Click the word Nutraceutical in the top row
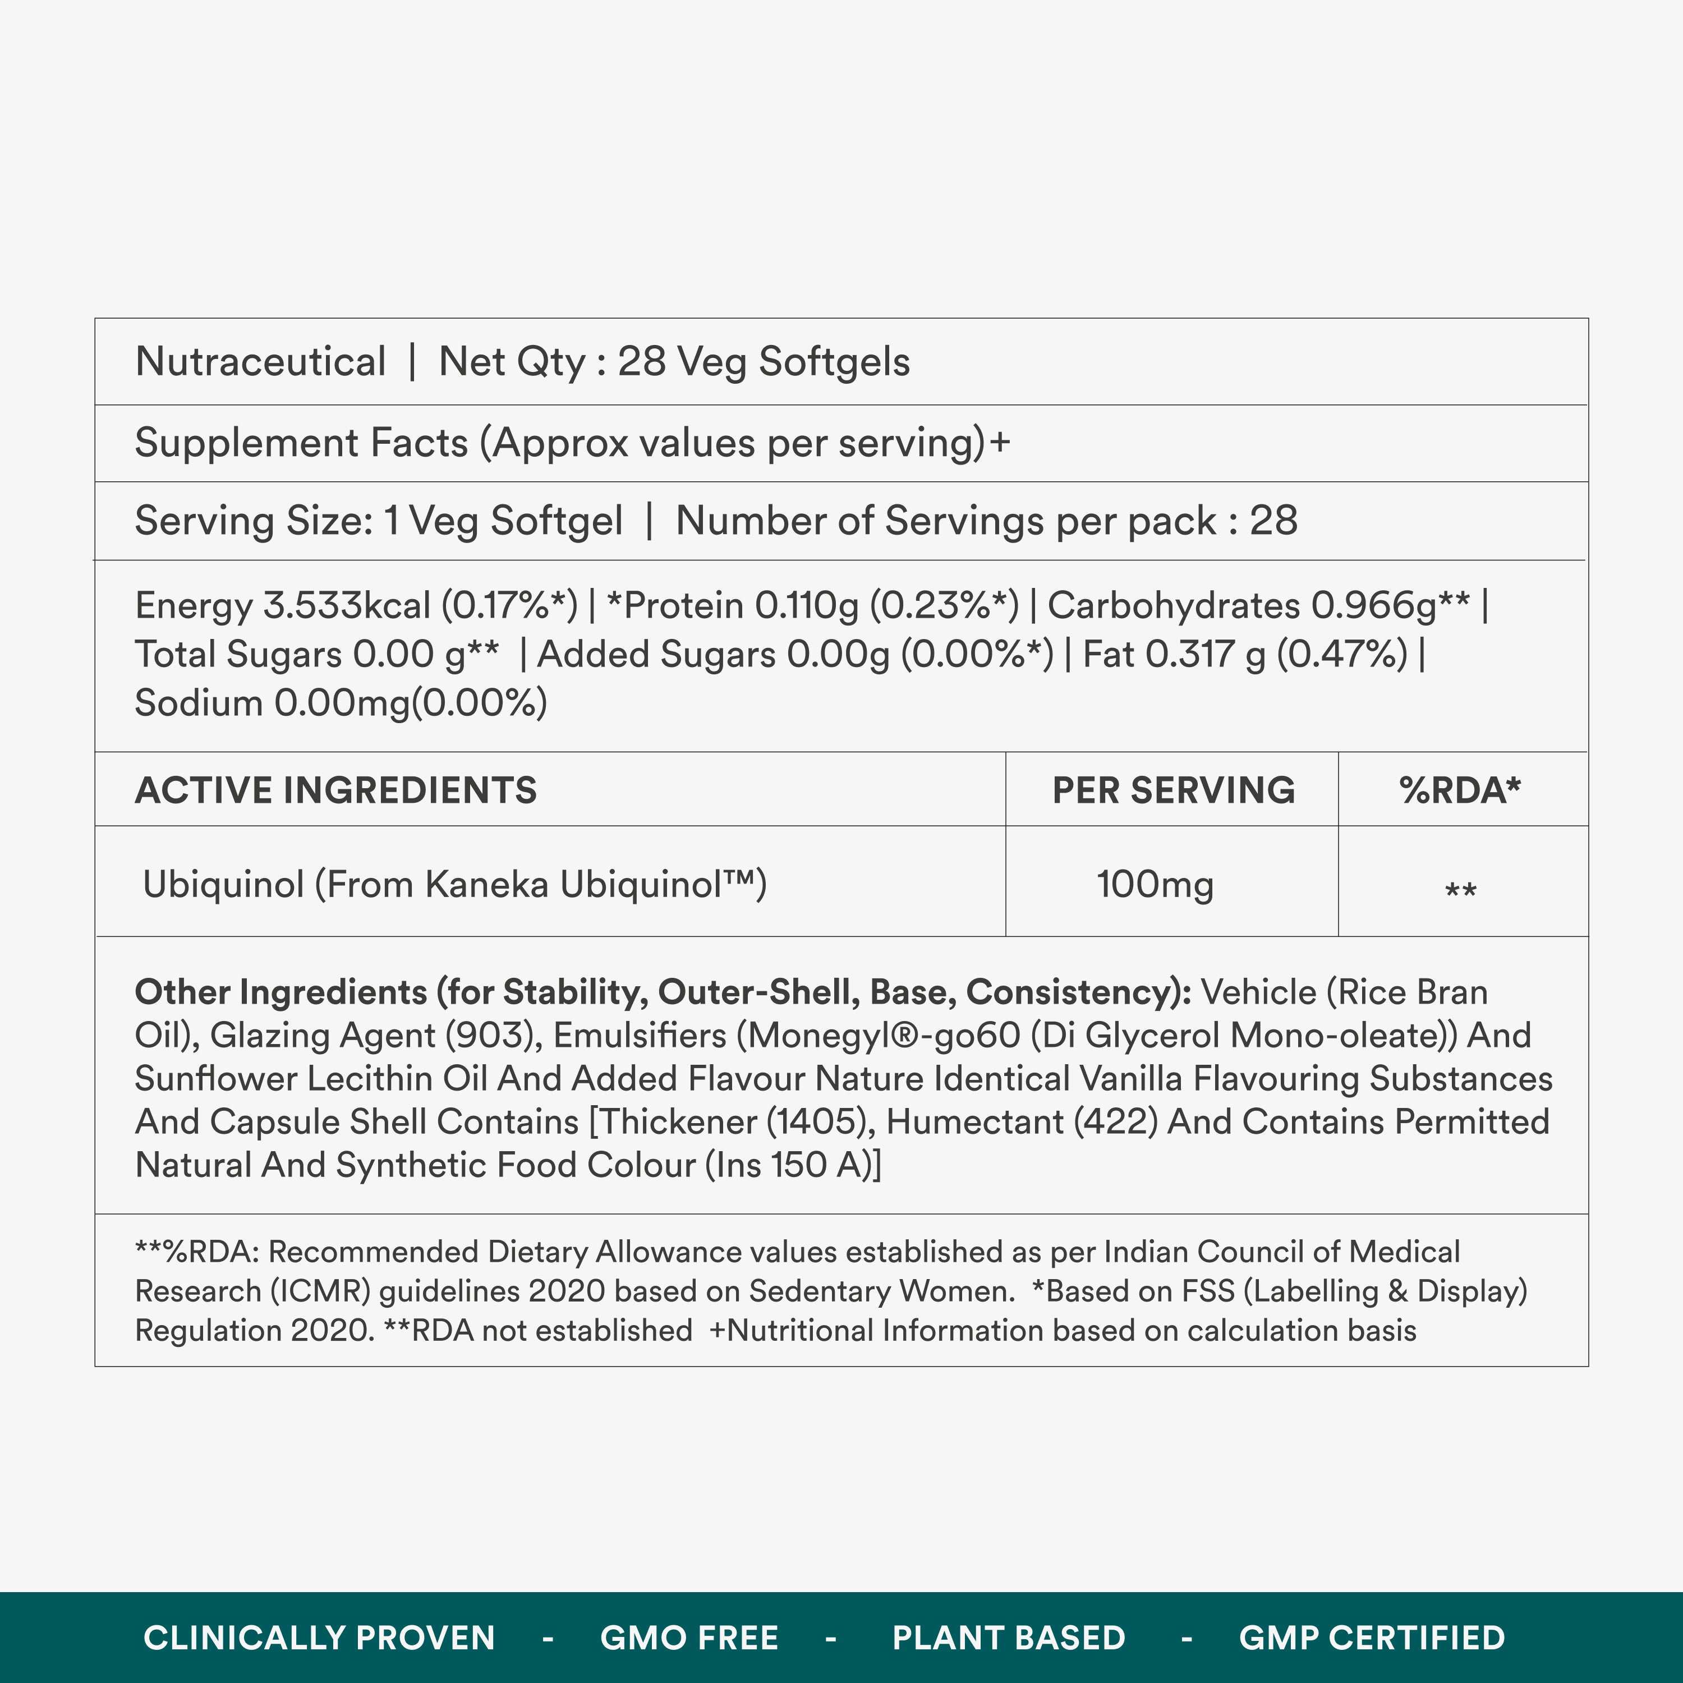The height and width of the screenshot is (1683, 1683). click(260, 361)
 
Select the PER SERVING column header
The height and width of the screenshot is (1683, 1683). click(1174, 790)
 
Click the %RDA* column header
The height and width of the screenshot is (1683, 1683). click(1460, 790)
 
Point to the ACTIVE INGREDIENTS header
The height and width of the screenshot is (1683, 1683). click(335, 790)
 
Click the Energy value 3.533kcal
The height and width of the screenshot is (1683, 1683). click(347, 605)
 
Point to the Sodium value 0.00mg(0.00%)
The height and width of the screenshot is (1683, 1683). click(410, 703)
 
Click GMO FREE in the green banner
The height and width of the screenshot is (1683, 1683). click(689, 1638)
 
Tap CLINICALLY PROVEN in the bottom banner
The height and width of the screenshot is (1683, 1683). click(319, 1638)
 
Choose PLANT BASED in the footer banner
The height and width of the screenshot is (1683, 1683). click(1009, 1638)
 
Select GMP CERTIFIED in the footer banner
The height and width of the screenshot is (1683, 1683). click(1372, 1638)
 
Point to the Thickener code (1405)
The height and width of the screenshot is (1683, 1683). click(821, 1122)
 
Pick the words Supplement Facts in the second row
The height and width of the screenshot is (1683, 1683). click(301, 443)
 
